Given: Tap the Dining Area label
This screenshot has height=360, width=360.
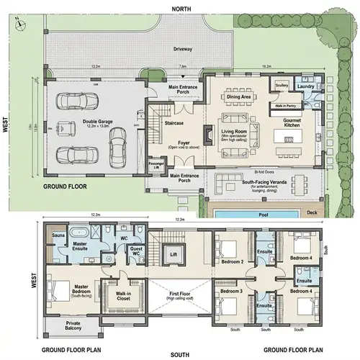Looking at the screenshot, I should [x=238, y=96].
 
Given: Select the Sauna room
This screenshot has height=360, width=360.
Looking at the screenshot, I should [x=56, y=235].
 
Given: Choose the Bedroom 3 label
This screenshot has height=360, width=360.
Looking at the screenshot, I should [x=232, y=292].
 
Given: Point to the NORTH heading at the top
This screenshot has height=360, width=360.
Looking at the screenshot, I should [x=179, y=7].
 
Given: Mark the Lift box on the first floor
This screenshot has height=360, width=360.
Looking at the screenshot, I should [x=172, y=254].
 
